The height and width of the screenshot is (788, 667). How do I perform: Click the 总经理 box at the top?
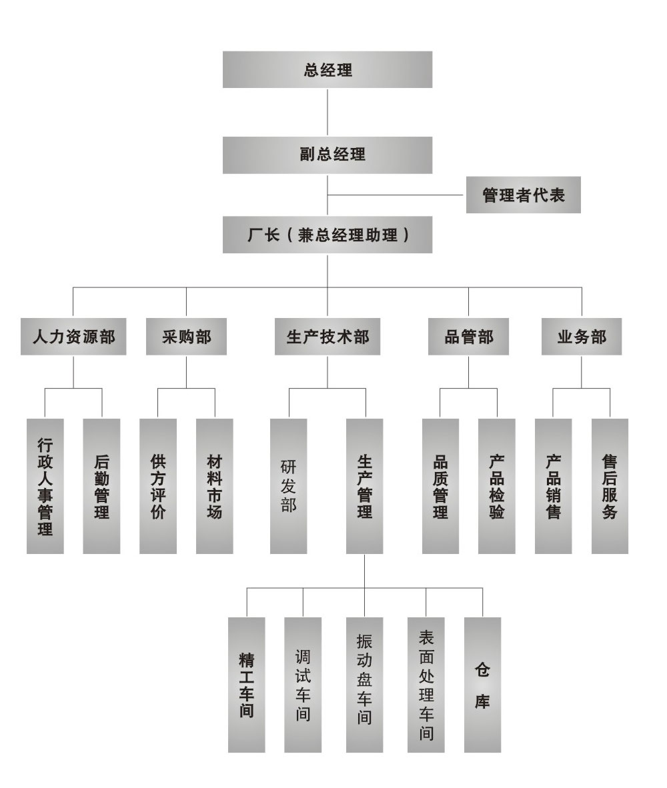[327, 69]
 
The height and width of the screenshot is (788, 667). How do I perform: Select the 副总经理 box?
[327, 155]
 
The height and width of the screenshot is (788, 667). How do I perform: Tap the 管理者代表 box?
[523, 195]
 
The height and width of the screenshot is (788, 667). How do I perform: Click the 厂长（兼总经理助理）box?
[327, 235]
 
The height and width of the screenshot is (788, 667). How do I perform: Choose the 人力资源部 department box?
[73, 337]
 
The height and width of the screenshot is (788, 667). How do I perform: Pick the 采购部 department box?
[187, 337]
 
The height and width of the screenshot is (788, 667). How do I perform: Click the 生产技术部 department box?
[327, 337]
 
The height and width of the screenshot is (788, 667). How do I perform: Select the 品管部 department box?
[468, 337]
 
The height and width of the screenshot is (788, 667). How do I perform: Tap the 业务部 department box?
[582, 337]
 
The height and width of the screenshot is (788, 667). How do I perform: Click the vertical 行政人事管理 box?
[45, 486]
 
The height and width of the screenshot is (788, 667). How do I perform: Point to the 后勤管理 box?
[101, 486]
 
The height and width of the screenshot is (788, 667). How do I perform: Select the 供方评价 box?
[158, 486]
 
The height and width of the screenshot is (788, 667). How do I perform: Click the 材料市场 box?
[215, 486]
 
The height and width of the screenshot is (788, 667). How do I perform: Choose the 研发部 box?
[289, 486]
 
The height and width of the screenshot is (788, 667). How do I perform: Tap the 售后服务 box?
[610, 486]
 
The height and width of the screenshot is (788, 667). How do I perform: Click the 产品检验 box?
[497, 486]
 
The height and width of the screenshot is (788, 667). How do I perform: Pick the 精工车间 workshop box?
[246, 685]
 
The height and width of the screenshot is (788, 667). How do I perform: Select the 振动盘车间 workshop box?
[364, 685]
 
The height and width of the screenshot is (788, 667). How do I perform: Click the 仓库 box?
[482, 685]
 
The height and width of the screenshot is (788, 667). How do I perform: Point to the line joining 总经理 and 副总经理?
[327, 113]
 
